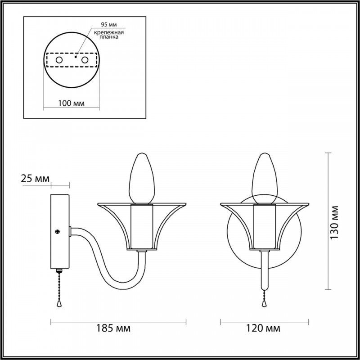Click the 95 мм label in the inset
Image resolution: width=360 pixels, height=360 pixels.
point(109,25)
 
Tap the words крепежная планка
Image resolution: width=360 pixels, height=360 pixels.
point(109,35)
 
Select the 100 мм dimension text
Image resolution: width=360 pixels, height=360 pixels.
point(71,103)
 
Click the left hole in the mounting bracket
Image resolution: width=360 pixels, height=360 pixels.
point(59,60)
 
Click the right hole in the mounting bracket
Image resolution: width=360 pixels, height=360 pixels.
point(85,60)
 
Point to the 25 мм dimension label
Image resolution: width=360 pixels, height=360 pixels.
point(35,178)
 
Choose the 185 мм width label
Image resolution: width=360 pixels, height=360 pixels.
point(113,328)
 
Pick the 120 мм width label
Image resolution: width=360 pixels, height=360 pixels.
point(263,328)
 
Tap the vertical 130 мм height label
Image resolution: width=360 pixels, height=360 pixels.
point(334,222)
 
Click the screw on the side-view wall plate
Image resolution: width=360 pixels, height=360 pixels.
point(58,232)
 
